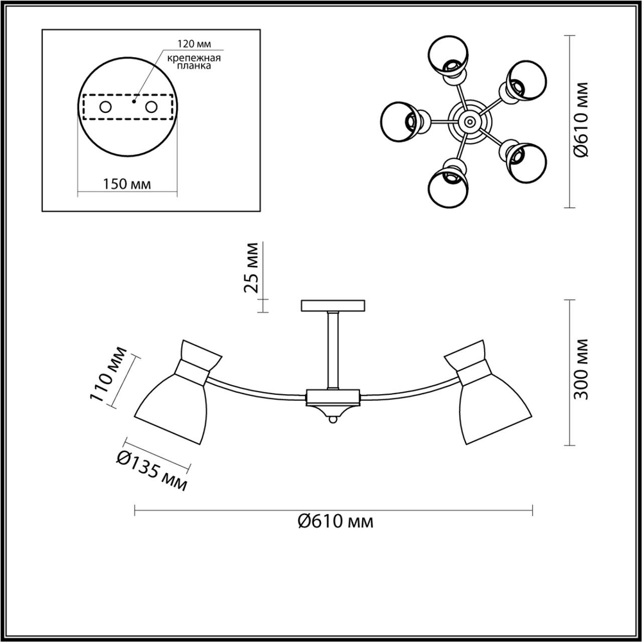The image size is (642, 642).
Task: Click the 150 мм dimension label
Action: click(x=126, y=184)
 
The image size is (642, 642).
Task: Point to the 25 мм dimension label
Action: click(x=253, y=267)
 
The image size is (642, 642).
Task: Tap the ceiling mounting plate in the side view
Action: click(x=333, y=306)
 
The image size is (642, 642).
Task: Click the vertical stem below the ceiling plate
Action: click(x=333, y=350)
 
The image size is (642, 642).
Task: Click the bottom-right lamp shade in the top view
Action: click(x=525, y=160)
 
